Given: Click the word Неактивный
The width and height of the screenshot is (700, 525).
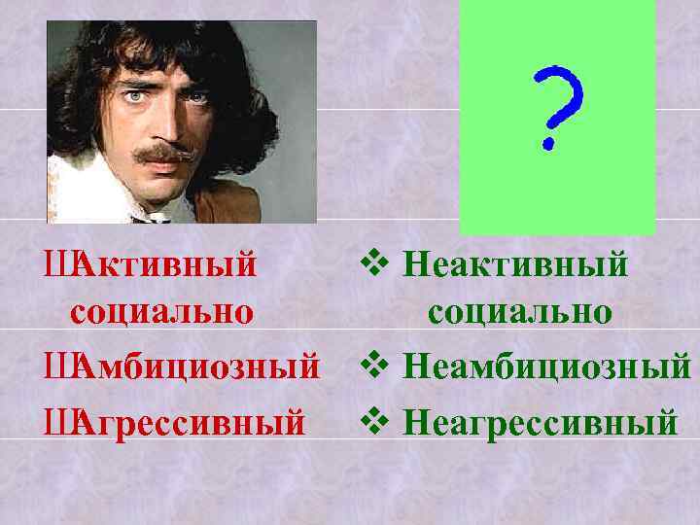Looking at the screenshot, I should pyautogui.click(x=514, y=263).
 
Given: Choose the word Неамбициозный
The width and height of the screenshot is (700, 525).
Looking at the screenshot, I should pyautogui.click(x=546, y=367).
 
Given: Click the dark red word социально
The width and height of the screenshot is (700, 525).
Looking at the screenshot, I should pyautogui.click(x=161, y=313).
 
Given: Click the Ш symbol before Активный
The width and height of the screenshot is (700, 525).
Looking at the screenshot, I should pyautogui.click(x=57, y=265).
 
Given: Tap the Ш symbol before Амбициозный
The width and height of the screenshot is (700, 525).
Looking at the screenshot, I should pyautogui.click(x=57, y=368).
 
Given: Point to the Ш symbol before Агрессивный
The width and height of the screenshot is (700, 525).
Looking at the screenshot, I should pyautogui.click(x=57, y=422).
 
